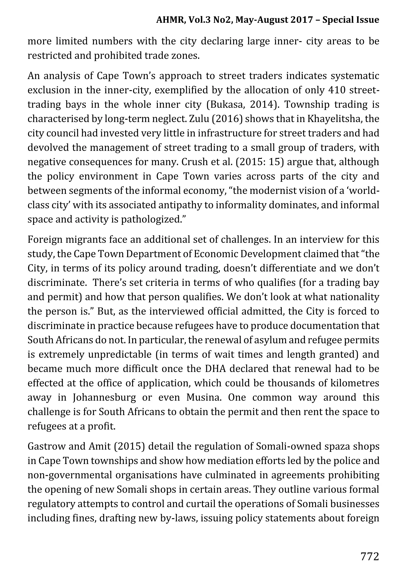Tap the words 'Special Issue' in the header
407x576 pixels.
point(351,20)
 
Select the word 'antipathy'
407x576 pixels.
point(185,205)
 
